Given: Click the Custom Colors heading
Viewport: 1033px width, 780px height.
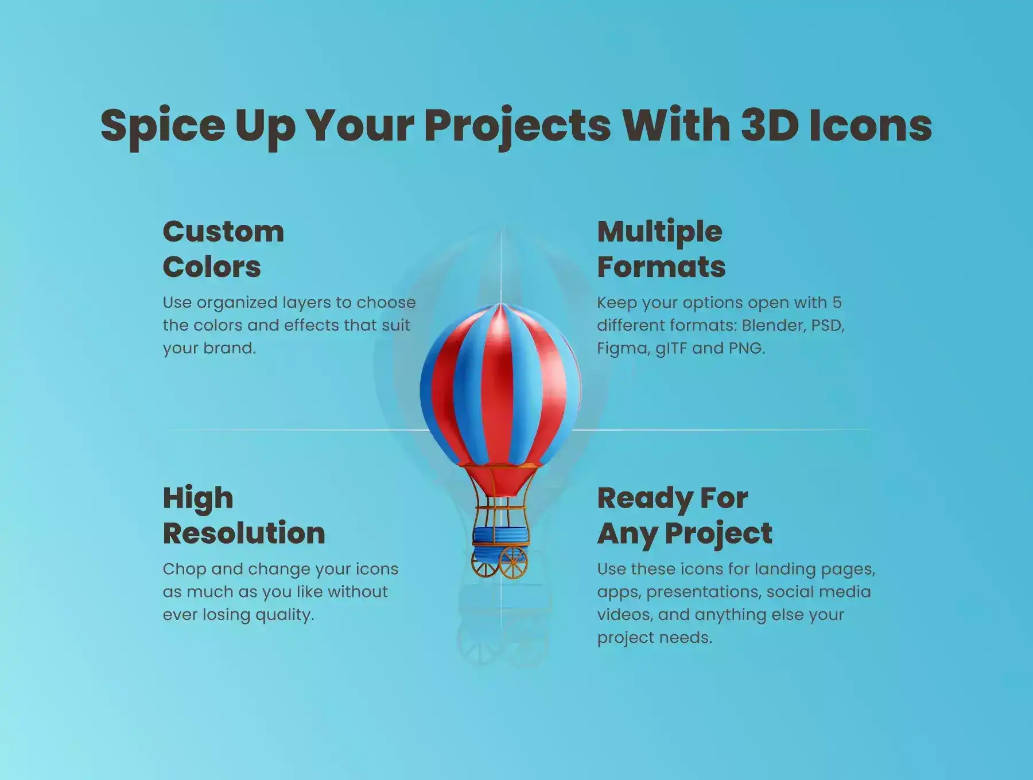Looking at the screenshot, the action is tap(223, 249).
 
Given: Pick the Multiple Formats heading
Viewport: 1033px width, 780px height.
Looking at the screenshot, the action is tap(661, 249).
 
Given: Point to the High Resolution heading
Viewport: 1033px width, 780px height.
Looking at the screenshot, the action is tap(244, 516).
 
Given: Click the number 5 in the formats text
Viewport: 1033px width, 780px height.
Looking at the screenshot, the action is tap(837, 302).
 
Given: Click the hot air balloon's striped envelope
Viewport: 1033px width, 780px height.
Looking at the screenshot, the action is tap(500, 384).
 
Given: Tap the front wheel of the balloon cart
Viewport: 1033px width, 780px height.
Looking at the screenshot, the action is tap(513, 563).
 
